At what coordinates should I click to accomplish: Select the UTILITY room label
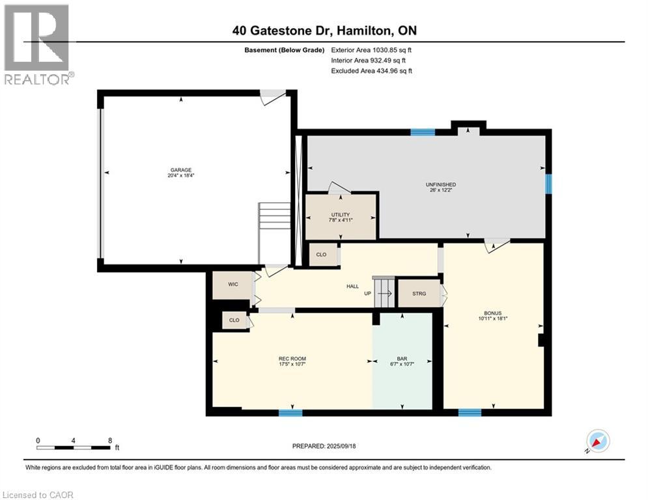tap(341, 215)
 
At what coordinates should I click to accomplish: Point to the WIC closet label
tap(232, 285)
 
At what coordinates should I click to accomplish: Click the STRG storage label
tap(419, 294)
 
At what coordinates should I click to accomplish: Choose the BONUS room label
tap(492, 312)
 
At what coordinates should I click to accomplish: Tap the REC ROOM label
tap(292, 359)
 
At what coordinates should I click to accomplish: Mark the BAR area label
tap(401, 359)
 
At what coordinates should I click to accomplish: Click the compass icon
tap(598, 441)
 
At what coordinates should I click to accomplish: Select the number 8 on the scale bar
tap(109, 440)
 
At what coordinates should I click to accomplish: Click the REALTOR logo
tap(37, 44)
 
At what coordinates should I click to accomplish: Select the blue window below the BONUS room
tap(470, 412)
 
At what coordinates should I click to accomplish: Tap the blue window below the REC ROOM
tap(290, 412)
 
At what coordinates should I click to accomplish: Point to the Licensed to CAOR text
tap(38, 495)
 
